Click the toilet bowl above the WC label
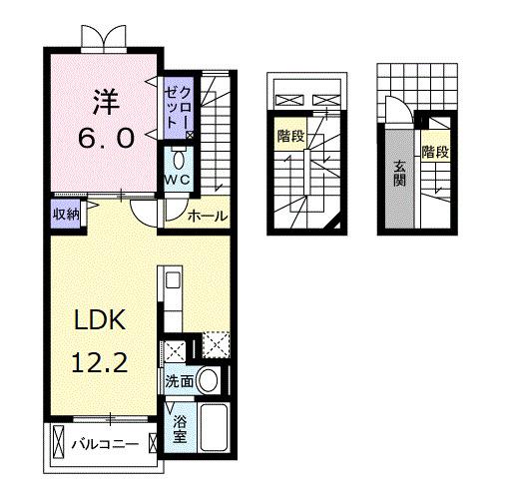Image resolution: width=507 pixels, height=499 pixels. tap(178, 159)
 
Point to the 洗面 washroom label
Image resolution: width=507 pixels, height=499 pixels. tap(179, 380)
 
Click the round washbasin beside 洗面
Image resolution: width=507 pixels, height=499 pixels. tap(209, 379)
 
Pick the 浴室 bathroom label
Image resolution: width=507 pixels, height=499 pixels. tap(180, 429)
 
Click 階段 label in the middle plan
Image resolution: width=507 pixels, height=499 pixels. tap(290, 135)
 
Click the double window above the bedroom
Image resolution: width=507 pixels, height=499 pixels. tap(105, 37)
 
